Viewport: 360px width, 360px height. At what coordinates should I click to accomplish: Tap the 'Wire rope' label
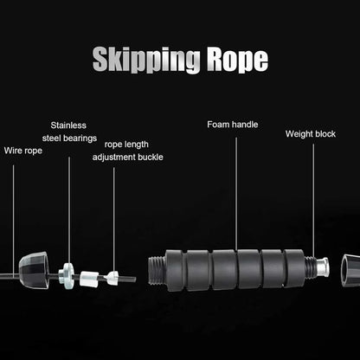(22, 150)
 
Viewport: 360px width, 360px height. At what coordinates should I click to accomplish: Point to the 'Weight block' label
(312, 134)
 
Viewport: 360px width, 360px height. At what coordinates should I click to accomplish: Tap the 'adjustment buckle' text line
(127, 157)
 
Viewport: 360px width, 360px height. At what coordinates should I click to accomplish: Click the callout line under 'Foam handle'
(235, 190)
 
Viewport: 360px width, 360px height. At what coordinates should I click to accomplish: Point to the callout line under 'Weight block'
(313, 199)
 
